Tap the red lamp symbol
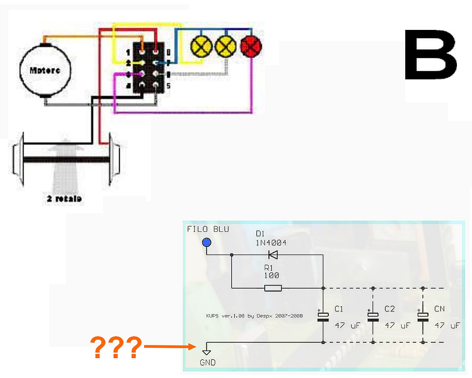click(x=251, y=47)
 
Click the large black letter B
click(x=431, y=55)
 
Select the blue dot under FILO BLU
click(x=206, y=243)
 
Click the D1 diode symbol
click(x=273, y=255)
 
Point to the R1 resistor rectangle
click(x=273, y=288)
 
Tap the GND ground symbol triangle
click(x=206, y=352)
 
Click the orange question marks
click(x=116, y=347)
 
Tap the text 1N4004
click(x=271, y=243)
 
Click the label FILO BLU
click(x=208, y=229)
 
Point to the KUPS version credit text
click(x=254, y=316)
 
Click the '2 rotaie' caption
click(x=64, y=199)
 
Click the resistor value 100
click(x=271, y=275)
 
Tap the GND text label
click(x=208, y=363)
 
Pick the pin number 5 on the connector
click(x=169, y=86)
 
